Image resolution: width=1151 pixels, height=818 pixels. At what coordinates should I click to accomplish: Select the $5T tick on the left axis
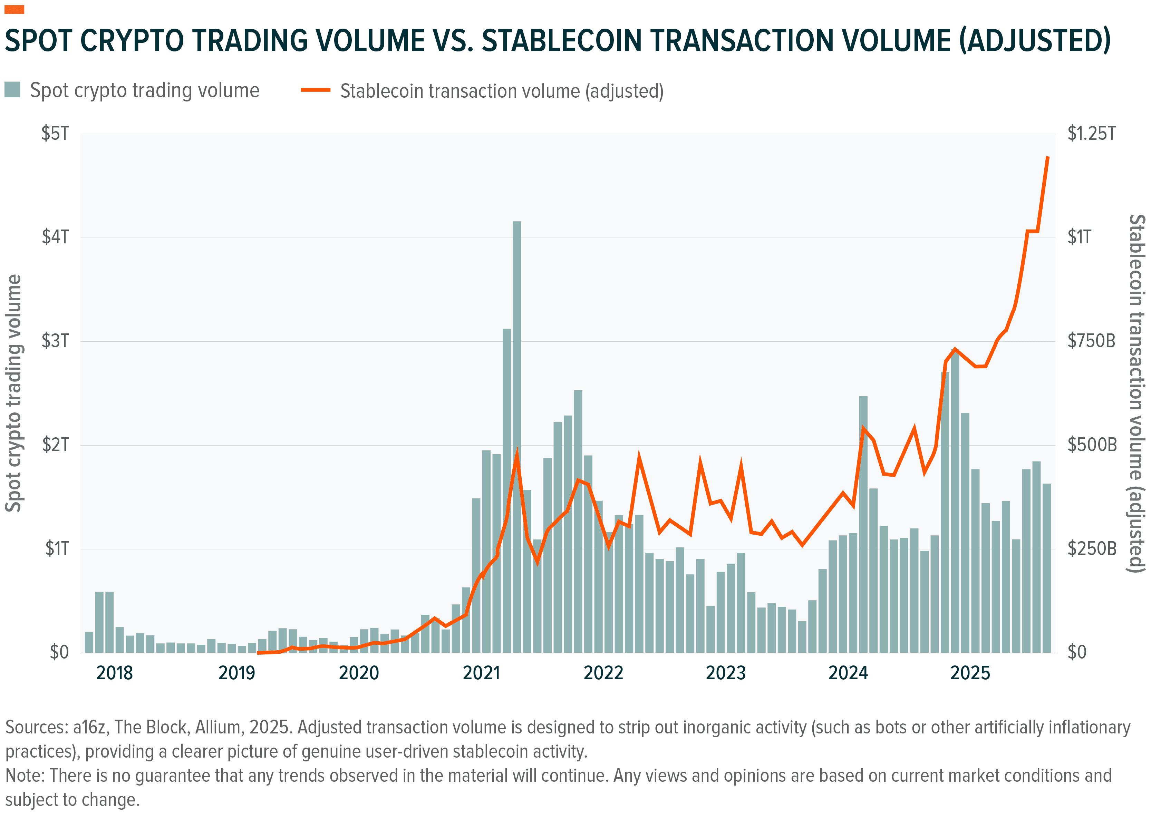(x=55, y=134)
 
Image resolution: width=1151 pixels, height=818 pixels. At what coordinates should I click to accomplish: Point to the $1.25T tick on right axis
(x=1091, y=134)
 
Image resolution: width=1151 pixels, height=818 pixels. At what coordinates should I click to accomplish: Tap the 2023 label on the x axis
(x=725, y=673)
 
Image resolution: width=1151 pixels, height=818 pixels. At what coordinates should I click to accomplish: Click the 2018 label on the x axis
(x=114, y=673)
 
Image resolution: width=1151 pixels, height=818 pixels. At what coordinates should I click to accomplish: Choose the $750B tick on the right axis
(x=1091, y=341)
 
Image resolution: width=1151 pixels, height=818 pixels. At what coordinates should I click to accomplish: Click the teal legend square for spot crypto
(x=12, y=90)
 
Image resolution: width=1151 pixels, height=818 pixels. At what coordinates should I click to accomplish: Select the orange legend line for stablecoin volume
(x=315, y=90)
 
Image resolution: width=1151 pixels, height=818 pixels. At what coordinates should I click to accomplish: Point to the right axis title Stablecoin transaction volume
(x=1137, y=393)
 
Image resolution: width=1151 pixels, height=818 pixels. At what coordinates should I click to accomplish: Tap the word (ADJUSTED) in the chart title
(x=1035, y=40)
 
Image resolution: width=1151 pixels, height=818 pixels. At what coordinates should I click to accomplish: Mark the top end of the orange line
(x=1048, y=158)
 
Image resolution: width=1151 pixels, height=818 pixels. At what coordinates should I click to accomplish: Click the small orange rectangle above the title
(x=14, y=9)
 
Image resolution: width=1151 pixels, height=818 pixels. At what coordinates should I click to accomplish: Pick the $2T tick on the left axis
(x=55, y=445)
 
